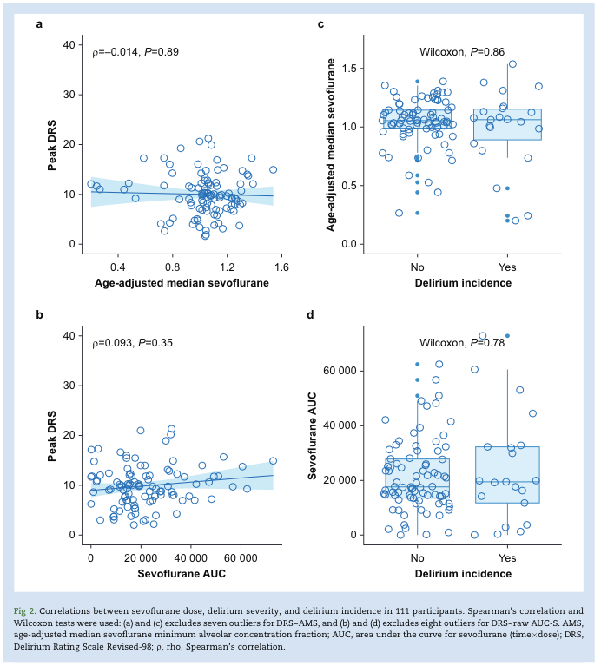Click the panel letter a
coord(40,23)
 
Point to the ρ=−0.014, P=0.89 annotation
coord(135,52)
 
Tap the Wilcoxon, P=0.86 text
coord(462,52)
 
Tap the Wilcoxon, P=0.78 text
coord(462,343)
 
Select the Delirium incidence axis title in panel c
coord(462,283)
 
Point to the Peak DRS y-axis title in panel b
coord(52,433)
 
